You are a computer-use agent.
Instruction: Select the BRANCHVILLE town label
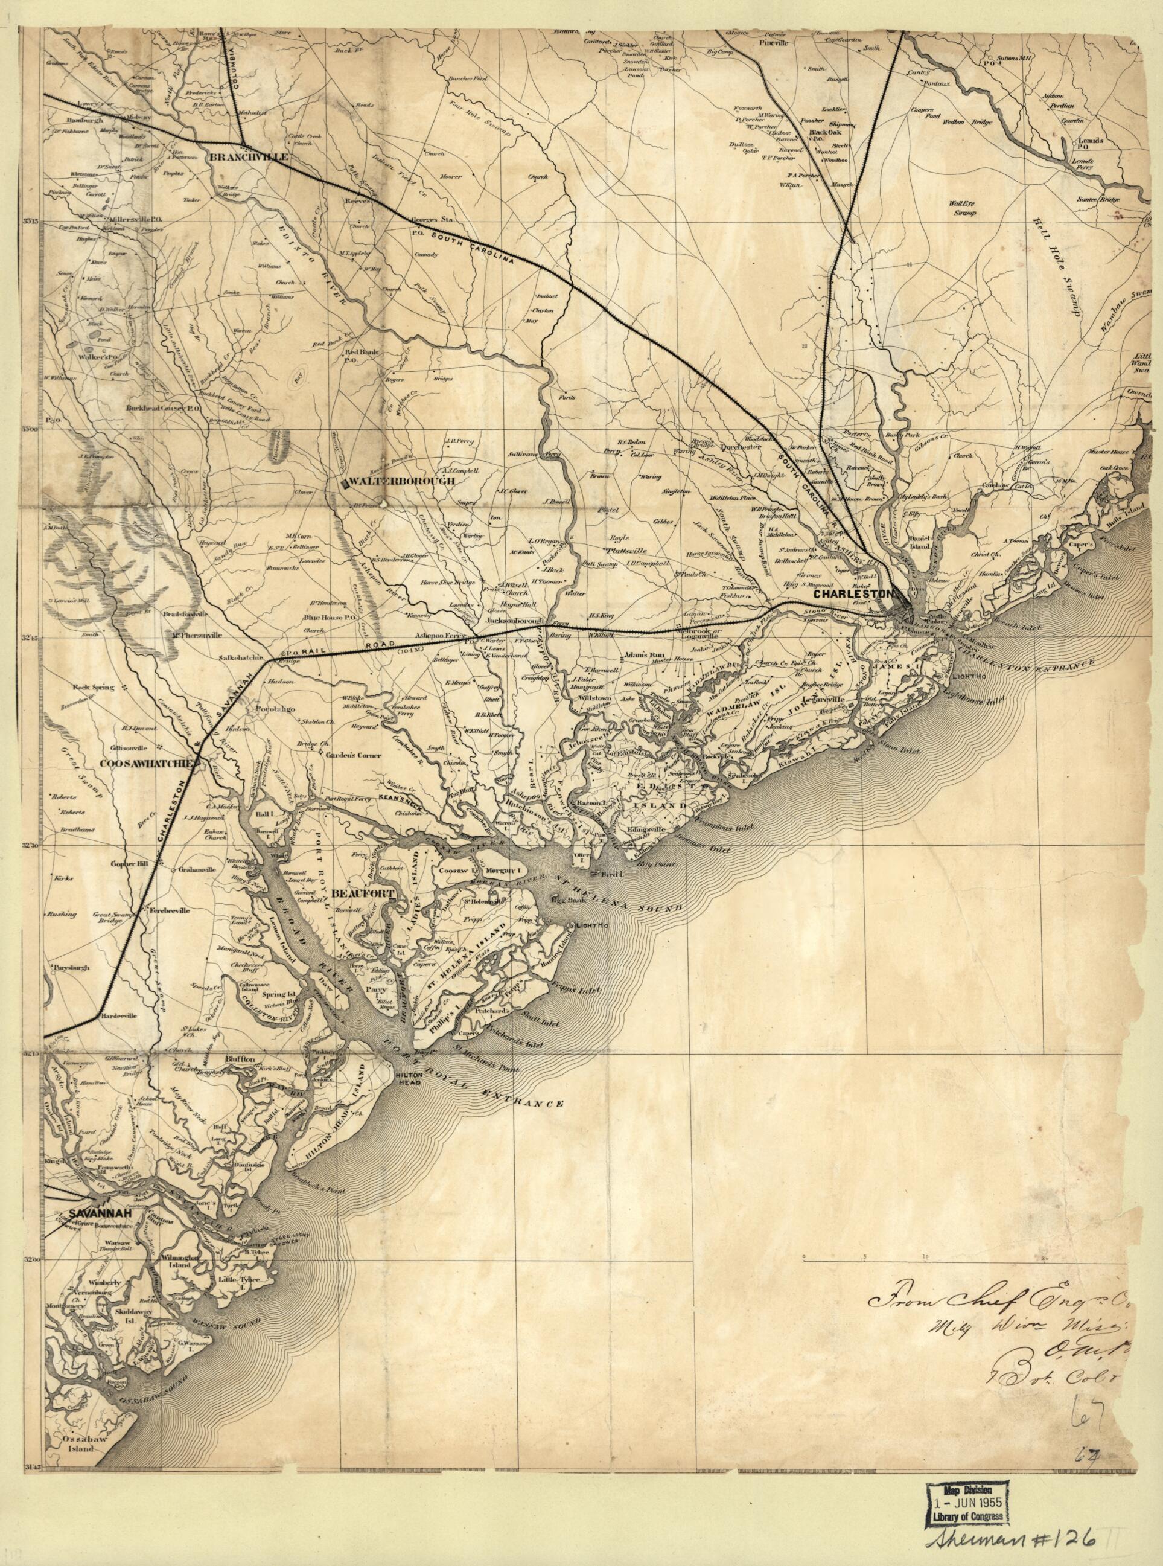point(249,157)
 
